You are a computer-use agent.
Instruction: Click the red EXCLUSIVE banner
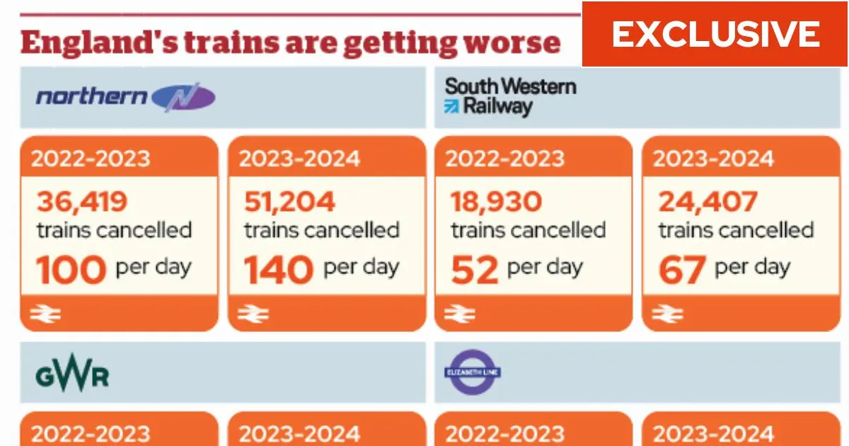tap(715, 34)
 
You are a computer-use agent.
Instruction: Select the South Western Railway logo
tap(510, 97)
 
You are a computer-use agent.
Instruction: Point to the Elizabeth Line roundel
tap(473, 372)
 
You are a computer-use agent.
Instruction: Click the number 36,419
tap(82, 202)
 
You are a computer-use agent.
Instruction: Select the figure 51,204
tap(290, 202)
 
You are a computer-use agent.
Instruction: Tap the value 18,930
tap(497, 202)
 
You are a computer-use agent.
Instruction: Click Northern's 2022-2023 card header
tap(92, 157)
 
